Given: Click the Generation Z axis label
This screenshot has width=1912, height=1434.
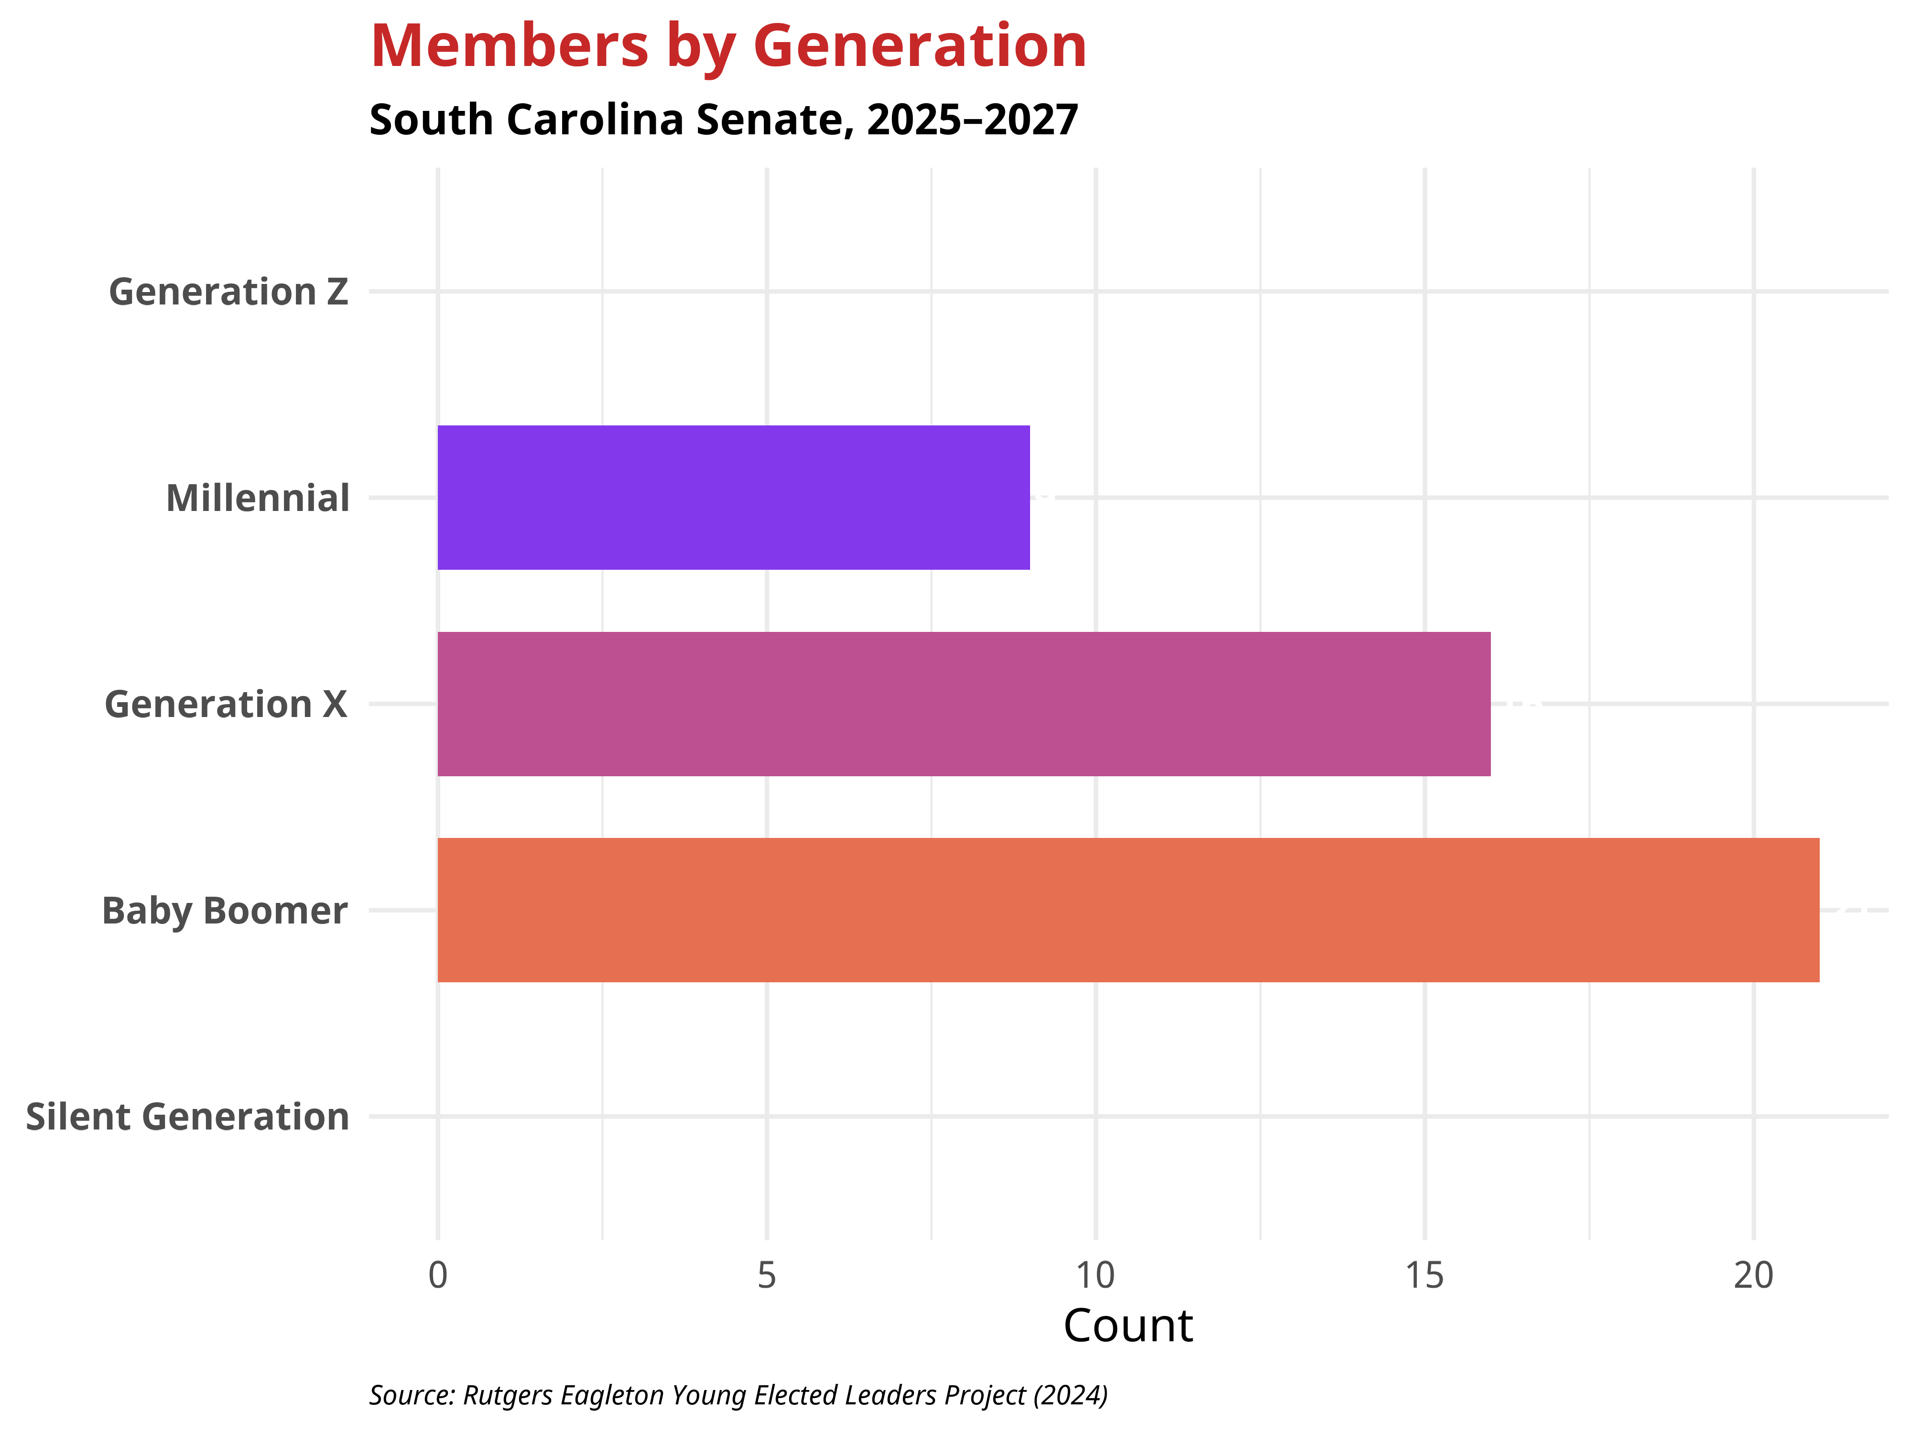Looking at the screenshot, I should [228, 292].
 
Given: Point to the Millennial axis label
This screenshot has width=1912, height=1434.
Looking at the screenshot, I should [258, 499].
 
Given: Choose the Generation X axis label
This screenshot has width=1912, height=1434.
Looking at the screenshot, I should [226, 705].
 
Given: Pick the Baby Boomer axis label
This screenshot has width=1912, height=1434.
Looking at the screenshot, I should [225, 911].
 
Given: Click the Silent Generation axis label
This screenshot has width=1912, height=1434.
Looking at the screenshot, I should [187, 1117].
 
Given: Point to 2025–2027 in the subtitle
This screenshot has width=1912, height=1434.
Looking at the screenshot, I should [972, 119].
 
